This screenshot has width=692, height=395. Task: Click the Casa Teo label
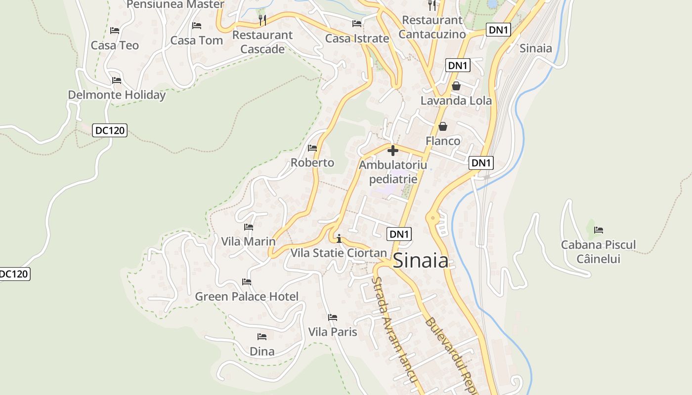coord(115,45)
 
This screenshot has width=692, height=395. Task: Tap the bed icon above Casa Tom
coord(197,25)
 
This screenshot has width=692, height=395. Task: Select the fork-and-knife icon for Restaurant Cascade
coord(262,20)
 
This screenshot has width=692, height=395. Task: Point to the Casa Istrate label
coord(357,39)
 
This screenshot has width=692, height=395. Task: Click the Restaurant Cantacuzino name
coord(432,27)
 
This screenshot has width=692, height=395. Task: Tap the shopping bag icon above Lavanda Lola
coord(456,86)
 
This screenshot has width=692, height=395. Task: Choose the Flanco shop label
coord(443,141)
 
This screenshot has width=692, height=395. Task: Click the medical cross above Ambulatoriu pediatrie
coord(393,150)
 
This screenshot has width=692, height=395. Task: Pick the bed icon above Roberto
coord(312,148)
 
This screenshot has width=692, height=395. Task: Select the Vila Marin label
coord(248,241)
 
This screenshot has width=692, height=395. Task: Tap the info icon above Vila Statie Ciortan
coord(339,239)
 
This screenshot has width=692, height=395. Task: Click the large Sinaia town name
coord(421,261)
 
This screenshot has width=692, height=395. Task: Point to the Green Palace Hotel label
coord(247,296)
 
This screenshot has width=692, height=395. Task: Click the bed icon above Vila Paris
coord(333,317)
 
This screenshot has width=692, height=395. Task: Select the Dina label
coord(262,352)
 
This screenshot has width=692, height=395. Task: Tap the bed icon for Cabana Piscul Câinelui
coord(599,230)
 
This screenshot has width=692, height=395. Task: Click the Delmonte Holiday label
coord(117,95)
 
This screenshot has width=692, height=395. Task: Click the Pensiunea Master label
coord(175,4)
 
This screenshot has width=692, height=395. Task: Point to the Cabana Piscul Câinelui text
coord(598,252)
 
